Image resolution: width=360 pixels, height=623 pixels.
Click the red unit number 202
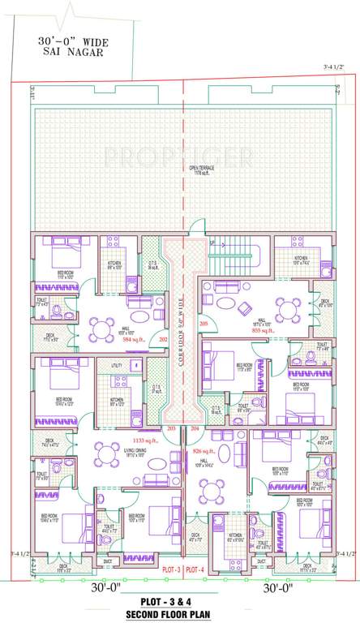[x=162, y=339]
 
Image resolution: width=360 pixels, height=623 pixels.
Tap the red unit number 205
[x=204, y=324]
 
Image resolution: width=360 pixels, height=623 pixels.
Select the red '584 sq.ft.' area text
[x=135, y=340]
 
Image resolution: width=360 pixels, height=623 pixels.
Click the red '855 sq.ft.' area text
[x=264, y=331]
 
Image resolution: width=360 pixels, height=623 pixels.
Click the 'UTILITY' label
[x=117, y=367]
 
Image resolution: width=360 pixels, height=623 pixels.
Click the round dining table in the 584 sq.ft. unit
[x=100, y=327]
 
